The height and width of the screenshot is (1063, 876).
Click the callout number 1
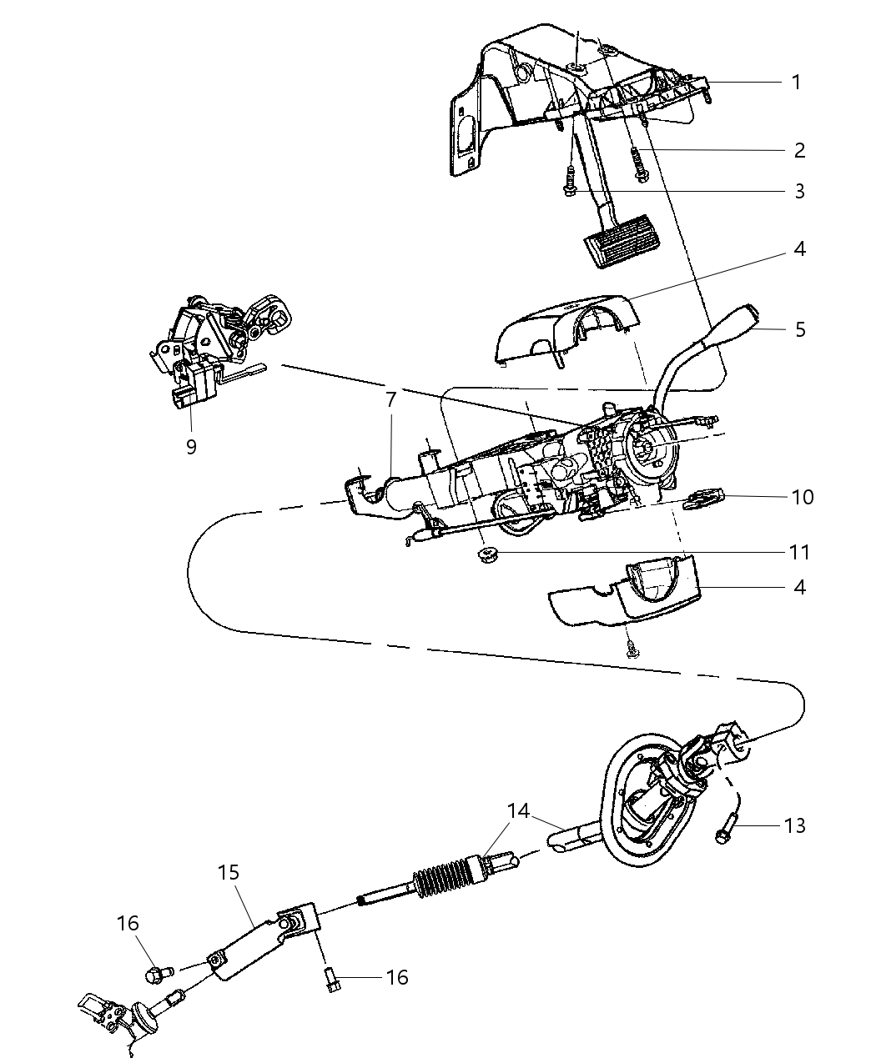[x=796, y=82]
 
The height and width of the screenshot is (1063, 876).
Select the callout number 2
[x=799, y=150]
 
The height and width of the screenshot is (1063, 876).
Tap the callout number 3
[x=799, y=191]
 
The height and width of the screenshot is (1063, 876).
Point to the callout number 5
[x=800, y=329]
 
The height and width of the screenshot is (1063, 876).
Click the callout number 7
[x=390, y=401]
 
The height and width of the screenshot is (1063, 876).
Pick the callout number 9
[x=191, y=447]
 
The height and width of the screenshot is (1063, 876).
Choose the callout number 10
[x=803, y=497]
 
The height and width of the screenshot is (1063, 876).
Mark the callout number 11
[x=799, y=552]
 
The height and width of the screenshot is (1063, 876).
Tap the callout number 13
[x=795, y=825]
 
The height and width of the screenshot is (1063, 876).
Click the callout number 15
[x=229, y=872]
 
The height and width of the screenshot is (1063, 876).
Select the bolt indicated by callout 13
[x=723, y=833]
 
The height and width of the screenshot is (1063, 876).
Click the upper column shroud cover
[x=567, y=329]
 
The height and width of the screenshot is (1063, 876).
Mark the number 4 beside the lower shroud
[x=799, y=587]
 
